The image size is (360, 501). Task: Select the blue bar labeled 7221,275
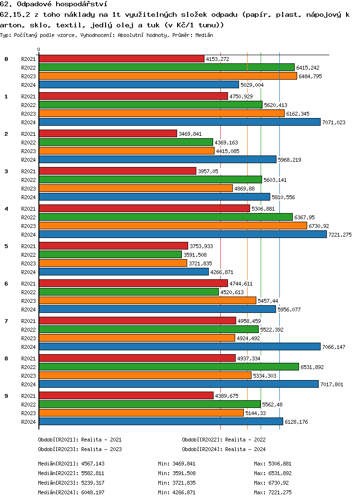click(182, 234)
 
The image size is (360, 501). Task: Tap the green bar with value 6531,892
click(168, 367)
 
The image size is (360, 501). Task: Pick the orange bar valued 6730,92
click(173, 226)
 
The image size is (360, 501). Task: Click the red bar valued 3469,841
click(108, 133)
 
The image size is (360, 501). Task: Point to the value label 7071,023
click(334, 122)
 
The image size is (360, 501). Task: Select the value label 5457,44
click(268, 301)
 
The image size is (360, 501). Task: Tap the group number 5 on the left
click(6, 246)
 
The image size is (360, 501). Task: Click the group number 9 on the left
click(6, 396)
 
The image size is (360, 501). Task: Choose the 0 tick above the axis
click(39, 50)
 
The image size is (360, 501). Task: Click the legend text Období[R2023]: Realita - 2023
click(80, 449)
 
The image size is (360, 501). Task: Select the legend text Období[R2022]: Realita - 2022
click(224, 439)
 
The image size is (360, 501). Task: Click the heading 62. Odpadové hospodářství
click(53, 4)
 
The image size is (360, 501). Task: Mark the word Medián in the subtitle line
click(204, 36)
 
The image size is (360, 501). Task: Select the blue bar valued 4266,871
click(124, 272)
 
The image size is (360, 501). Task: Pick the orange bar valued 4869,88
click(136, 188)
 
